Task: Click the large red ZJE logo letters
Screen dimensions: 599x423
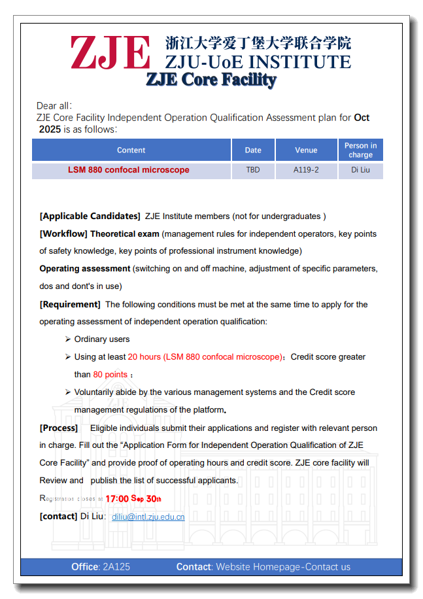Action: pos(110,52)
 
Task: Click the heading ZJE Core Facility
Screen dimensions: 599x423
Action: pos(211,80)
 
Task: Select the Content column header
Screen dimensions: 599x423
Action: pos(131,150)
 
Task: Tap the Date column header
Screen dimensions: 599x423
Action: pos(253,150)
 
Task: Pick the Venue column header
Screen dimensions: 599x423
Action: pos(306,150)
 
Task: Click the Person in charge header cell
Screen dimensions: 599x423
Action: pos(360,150)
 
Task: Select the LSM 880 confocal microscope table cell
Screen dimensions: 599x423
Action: pos(129,170)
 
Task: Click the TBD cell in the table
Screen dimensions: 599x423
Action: pos(253,170)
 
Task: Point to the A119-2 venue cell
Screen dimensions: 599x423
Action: pos(306,170)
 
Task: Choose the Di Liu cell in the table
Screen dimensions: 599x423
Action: pos(360,170)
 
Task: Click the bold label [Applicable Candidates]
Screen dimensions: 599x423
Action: pos(90,216)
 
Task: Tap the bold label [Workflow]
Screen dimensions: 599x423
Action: pos(63,233)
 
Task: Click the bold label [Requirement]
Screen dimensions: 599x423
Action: pos(70,304)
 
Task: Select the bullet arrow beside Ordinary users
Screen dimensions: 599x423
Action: pos(68,339)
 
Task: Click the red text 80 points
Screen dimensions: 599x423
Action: pos(110,375)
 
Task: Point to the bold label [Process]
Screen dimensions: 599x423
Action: pos(59,428)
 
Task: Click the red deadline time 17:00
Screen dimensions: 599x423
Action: pos(117,499)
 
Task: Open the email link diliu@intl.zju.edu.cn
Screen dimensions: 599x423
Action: pos(148,517)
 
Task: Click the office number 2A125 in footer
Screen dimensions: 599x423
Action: pos(116,567)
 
